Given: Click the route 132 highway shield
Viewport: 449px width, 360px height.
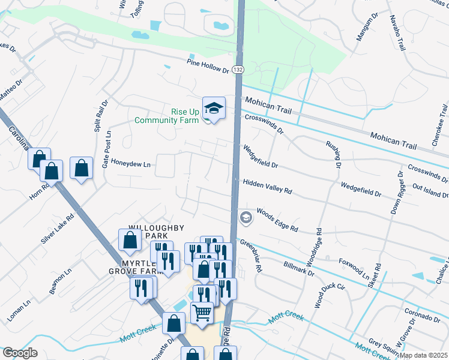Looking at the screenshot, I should coord(239,70).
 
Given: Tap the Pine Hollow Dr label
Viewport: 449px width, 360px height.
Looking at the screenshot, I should coord(208,66).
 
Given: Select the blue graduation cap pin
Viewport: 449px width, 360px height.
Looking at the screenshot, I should coord(214,109).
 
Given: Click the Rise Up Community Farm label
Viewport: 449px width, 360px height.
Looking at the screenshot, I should coord(167,116).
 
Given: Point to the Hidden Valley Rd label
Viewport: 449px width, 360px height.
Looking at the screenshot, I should coord(267,186).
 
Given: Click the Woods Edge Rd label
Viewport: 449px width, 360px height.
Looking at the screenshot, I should coord(277,220).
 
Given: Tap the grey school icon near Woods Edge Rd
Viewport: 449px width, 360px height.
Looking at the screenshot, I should coord(246,218).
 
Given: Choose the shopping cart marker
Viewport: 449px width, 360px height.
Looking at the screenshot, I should coord(202,313).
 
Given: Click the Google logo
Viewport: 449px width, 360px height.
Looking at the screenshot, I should coord(20,353).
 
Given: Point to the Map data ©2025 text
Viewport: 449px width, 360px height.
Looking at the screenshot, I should coord(423,355).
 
